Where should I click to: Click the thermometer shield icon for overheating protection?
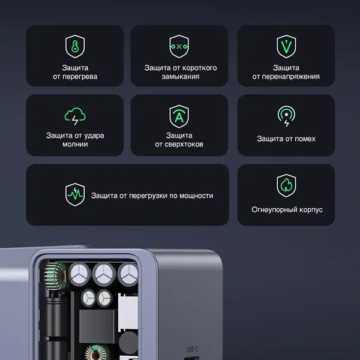(x=75, y=46)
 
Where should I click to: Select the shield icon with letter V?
(x=286, y=46)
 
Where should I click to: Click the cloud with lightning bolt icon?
(x=75, y=116)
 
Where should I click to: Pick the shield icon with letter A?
(x=179, y=115)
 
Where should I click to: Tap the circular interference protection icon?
(x=286, y=116)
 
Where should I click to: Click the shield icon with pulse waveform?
(x=75, y=195)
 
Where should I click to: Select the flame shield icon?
(x=286, y=185)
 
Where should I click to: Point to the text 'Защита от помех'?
(x=286, y=139)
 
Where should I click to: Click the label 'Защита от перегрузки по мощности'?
(x=152, y=196)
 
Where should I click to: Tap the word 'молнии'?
(x=75, y=145)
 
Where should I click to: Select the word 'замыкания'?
(x=180, y=77)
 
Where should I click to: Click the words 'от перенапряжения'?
(x=286, y=77)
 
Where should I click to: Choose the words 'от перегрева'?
(x=75, y=77)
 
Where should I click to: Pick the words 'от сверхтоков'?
(x=179, y=145)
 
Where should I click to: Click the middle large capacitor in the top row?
(x=101, y=274)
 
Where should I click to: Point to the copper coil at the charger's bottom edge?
(x=97, y=352)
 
